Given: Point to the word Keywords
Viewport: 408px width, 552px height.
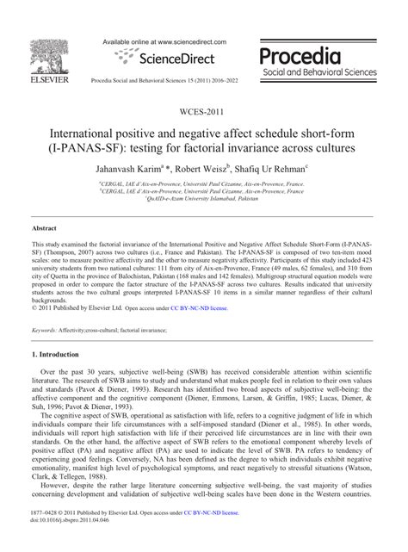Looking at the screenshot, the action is point(44,331).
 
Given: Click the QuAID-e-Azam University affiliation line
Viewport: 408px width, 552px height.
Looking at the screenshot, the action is point(203,197).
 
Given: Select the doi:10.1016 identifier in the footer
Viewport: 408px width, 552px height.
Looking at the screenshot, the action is point(66,544).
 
